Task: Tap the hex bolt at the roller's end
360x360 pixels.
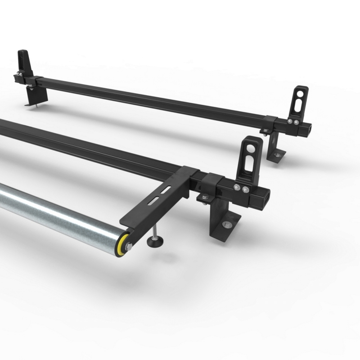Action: [128, 246]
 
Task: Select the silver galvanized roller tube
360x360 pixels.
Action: [58, 211]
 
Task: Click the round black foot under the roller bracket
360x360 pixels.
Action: [155, 242]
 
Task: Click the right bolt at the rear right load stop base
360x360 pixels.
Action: [296, 121]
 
